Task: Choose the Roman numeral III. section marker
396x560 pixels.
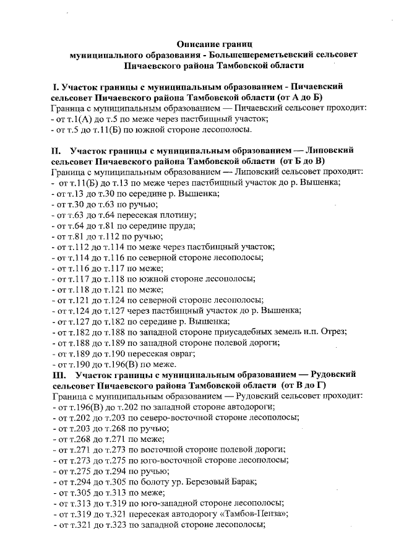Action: coord(60,376)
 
